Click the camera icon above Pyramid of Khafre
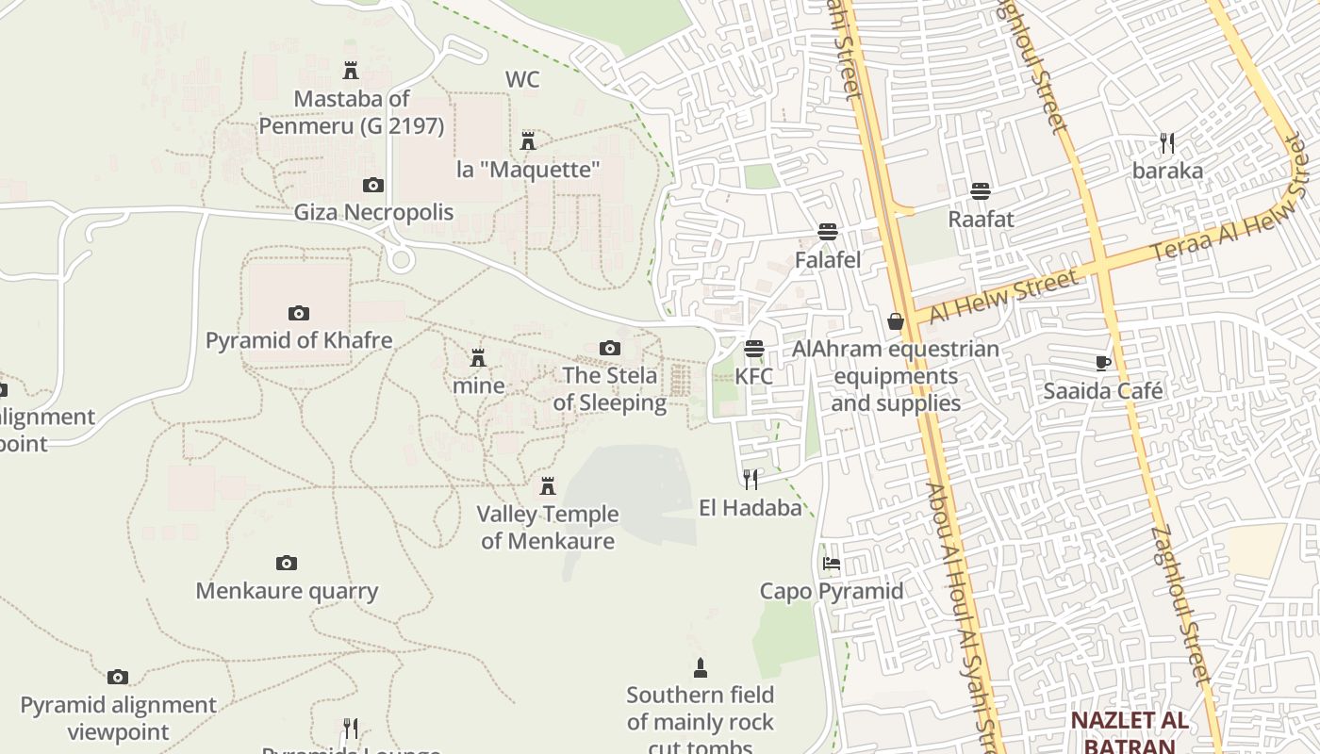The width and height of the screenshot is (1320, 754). (299, 313)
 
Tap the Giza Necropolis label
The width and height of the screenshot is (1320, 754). (373, 212)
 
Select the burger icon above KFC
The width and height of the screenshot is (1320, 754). (753, 349)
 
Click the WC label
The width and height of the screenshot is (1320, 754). (522, 79)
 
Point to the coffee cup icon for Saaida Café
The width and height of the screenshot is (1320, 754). (1103, 363)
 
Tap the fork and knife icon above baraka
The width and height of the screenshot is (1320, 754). (1167, 143)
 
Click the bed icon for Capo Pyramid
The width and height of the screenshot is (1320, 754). (831, 564)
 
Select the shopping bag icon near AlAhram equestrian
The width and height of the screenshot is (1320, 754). (896, 321)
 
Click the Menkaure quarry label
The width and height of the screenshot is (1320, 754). (287, 591)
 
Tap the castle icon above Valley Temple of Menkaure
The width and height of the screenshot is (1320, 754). (547, 486)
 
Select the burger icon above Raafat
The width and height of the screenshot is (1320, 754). (981, 191)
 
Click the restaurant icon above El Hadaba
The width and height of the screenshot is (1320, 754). (751, 480)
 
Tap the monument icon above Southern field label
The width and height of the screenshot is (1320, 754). (700, 668)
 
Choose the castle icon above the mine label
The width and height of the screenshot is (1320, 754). (478, 358)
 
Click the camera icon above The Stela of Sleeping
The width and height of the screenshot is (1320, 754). (610, 349)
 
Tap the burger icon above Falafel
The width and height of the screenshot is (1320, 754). (828, 232)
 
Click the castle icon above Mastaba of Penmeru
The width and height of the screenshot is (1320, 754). (351, 70)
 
